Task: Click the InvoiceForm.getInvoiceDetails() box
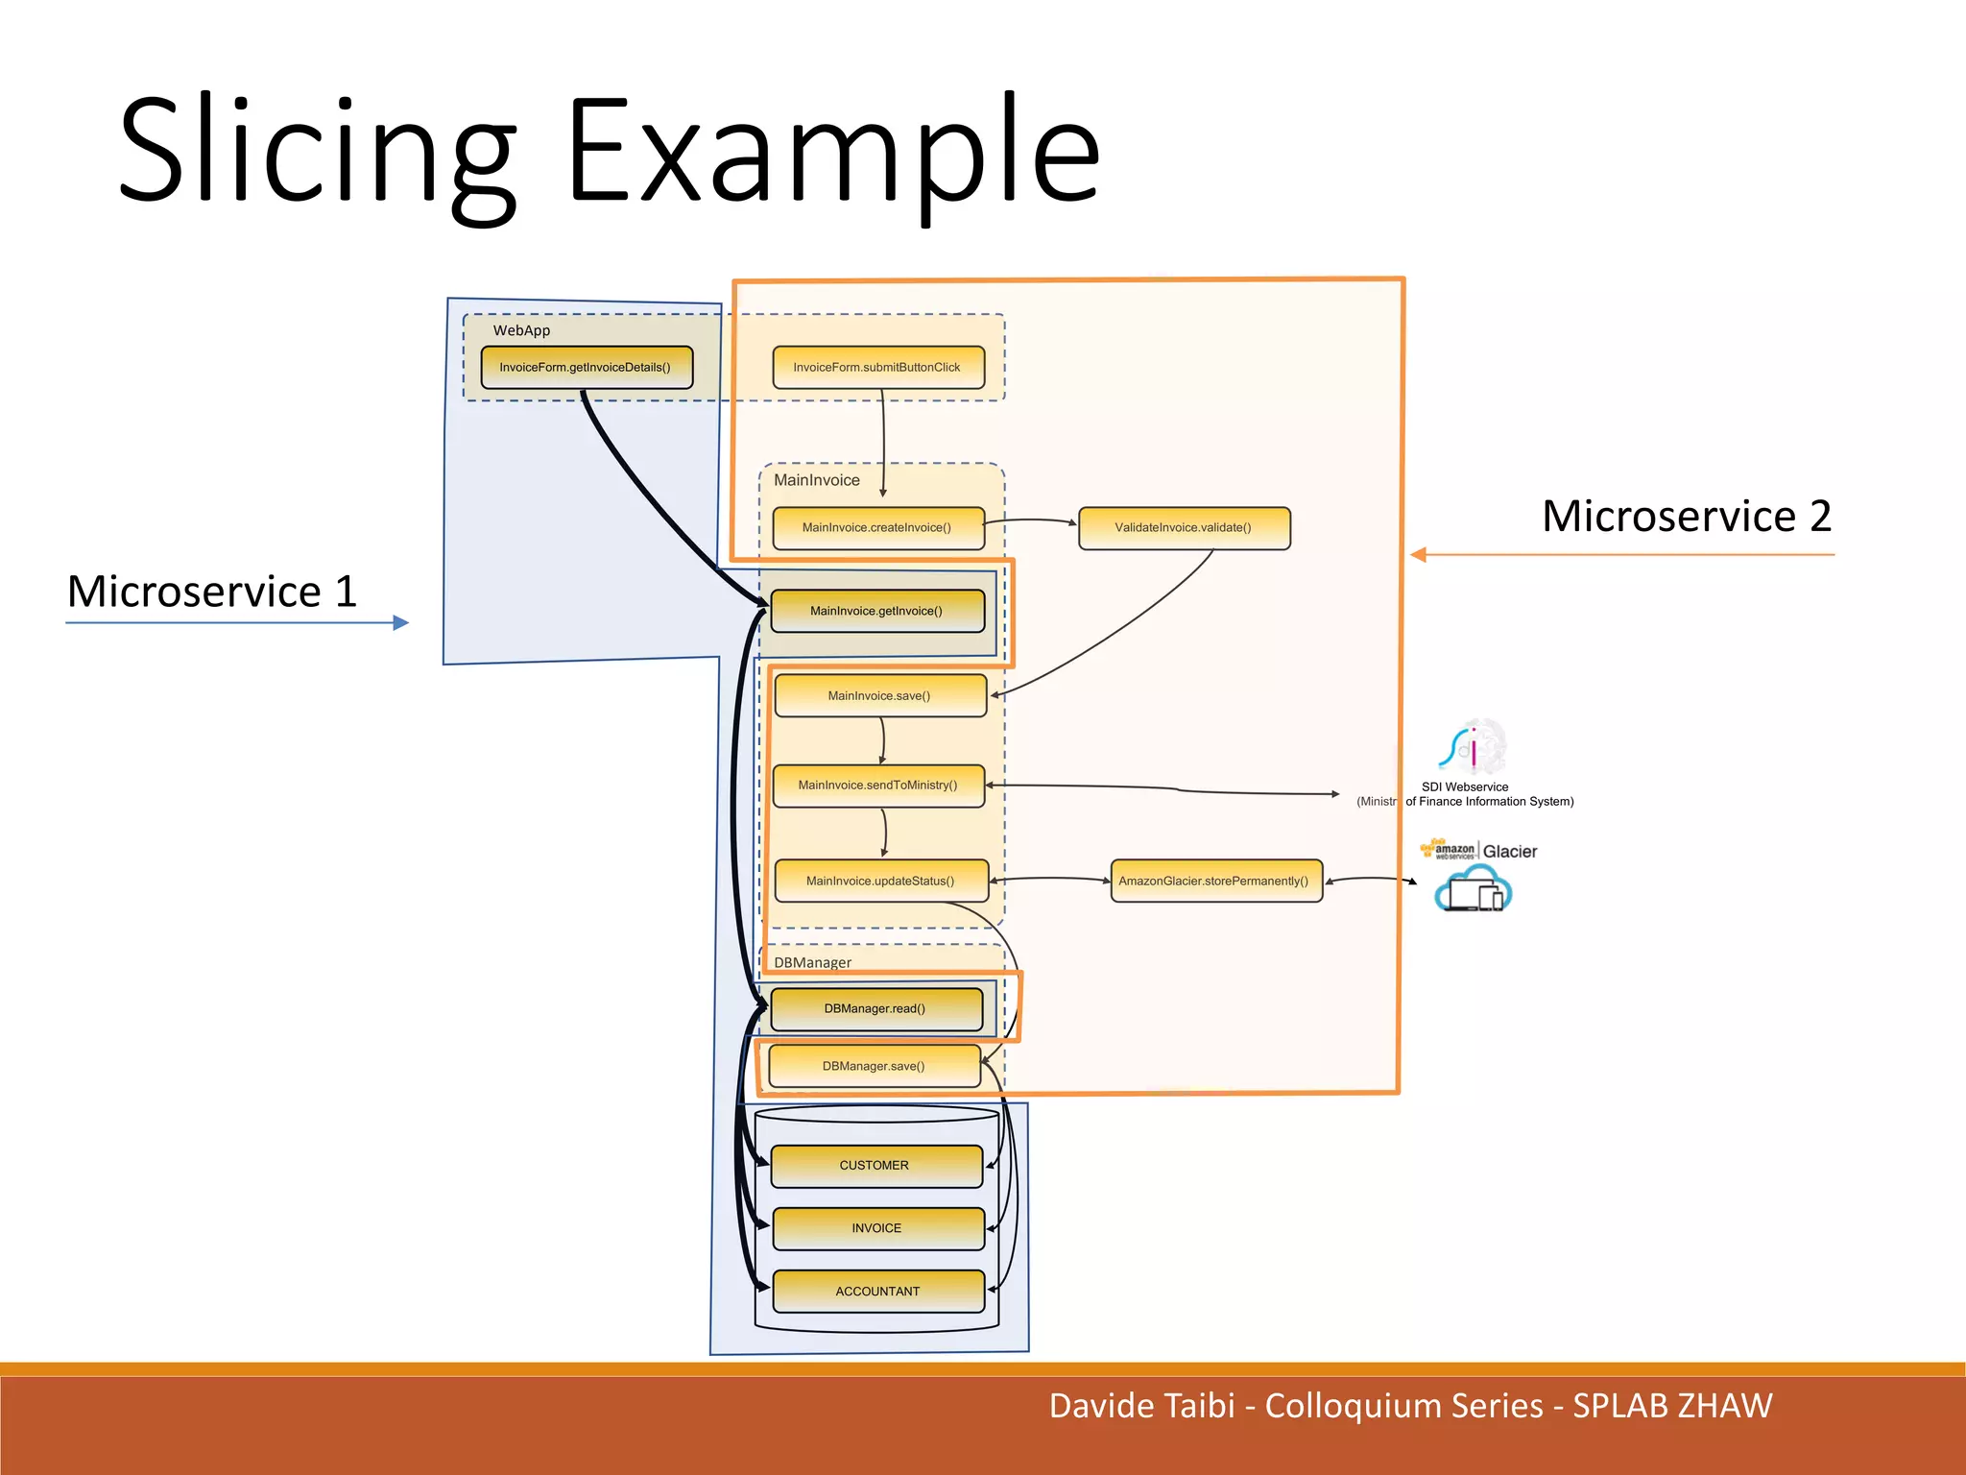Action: coord(587,367)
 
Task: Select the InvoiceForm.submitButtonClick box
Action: coord(878,367)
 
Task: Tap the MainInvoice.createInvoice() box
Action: coord(878,527)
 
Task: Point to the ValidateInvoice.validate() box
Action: coord(1184,527)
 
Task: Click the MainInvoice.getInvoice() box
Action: coord(877,611)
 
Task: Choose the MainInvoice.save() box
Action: coord(880,695)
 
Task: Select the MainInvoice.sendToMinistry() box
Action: coord(878,786)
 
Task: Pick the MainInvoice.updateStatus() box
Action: coord(881,881)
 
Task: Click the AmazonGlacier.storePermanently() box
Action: coord(1215,881)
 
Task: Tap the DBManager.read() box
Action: coord(876,1008)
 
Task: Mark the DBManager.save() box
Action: coord(875,1066)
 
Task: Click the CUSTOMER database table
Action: coord(876,1166)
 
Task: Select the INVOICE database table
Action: coord(878,1228)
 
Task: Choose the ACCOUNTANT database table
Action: coord(878,1292)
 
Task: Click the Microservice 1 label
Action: coord(212,592)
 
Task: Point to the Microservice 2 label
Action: coord(1686,517)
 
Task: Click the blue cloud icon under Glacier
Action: coord(1473,888)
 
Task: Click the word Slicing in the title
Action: coord(318,154)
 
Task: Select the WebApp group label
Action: coord(521,330)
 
